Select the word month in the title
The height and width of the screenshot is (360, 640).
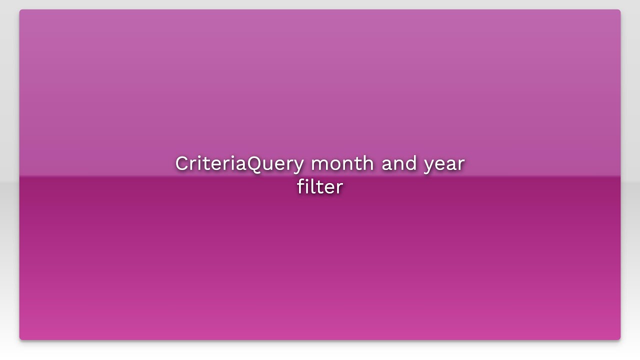coord(342,163)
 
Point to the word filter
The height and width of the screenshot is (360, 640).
coord(319,187)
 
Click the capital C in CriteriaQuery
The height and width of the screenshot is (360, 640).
coord(181,163)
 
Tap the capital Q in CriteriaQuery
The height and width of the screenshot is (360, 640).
coord(255,164)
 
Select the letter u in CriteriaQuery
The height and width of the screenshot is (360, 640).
coord(268,165)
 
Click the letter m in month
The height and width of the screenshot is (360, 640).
coord(319,165)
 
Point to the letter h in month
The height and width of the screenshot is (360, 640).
coord(368,163)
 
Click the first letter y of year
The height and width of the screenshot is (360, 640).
coord(429,166)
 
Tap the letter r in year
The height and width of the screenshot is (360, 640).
coord(461,165)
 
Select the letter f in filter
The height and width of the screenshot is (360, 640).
coord(300,186)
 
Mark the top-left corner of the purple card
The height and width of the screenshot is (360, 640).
coord(20,10)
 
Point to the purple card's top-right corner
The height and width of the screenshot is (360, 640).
coord(620,10)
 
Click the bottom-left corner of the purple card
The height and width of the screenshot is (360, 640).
coord(20,339)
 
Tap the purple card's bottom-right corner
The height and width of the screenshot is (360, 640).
coord(620,339)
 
